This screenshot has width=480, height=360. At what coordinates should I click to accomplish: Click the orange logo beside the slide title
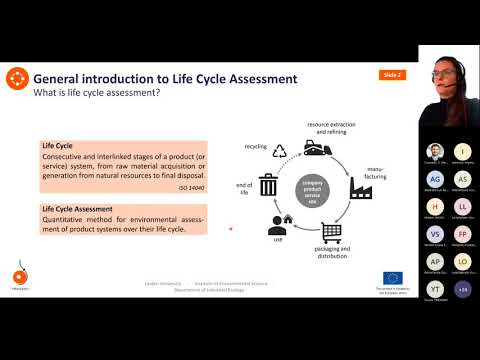pos(16,78)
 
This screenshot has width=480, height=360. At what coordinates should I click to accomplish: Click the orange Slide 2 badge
pos(391,75)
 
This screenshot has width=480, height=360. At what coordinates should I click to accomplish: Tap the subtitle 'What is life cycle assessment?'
pos(98,93)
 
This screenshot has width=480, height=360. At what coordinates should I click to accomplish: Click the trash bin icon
pos(268,186)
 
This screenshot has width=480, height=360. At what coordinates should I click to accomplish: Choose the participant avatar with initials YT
pos(436,289)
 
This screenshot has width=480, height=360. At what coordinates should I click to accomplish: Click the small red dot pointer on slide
pos(231,229)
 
